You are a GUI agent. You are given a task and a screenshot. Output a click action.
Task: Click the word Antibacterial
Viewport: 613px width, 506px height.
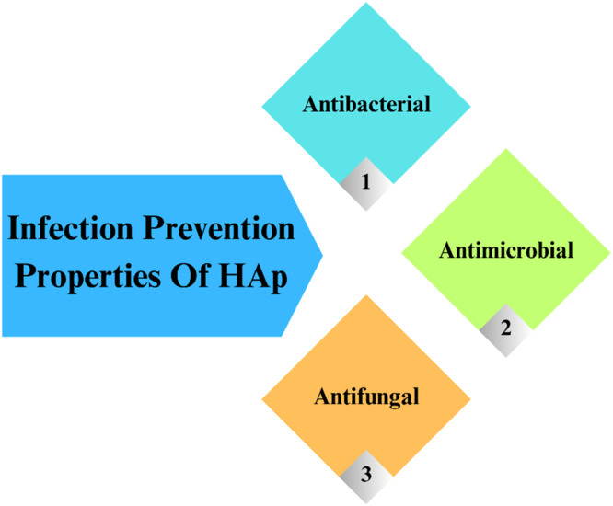[366, 104]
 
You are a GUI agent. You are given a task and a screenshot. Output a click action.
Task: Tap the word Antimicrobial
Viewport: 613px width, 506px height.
[506, 250]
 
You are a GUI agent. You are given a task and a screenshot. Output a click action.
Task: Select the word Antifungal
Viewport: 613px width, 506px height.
[366, 397]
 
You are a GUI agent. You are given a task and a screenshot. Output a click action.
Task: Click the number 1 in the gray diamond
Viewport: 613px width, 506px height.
[366, 181]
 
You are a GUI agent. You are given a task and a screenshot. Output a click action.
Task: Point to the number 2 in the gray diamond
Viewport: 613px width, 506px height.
[506, 328]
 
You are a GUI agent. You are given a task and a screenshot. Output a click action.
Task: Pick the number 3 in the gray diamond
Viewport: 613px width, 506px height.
[366, 474]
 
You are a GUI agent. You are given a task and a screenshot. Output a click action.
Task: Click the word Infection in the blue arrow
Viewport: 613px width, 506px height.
[70, 227]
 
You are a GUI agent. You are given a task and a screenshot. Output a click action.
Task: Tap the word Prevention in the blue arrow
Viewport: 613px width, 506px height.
[218, 227]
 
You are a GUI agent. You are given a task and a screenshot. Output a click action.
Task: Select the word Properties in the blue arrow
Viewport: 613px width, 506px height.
[87, 277]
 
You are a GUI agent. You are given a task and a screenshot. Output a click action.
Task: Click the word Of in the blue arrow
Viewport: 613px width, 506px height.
[191, 275]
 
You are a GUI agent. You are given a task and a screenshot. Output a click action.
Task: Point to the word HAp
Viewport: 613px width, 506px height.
[253, 278]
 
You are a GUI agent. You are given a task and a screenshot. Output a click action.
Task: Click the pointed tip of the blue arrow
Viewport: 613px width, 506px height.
[322, 256]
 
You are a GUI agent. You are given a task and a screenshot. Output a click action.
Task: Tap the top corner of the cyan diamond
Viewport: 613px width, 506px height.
[366, 3]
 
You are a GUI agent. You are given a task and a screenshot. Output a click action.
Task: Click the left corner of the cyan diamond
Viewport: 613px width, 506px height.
[262, 107]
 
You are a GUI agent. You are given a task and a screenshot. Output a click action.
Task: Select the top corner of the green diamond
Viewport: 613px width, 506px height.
[506, 149]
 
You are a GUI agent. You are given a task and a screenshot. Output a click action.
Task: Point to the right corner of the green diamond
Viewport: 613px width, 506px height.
[610, 252]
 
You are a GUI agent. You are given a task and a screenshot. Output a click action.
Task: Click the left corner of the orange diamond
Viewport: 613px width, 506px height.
[262, 399]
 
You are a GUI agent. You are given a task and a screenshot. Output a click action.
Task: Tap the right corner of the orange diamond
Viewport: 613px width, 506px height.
[470, 399]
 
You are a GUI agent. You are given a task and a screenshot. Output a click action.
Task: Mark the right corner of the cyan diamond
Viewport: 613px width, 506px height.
[470, 107]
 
